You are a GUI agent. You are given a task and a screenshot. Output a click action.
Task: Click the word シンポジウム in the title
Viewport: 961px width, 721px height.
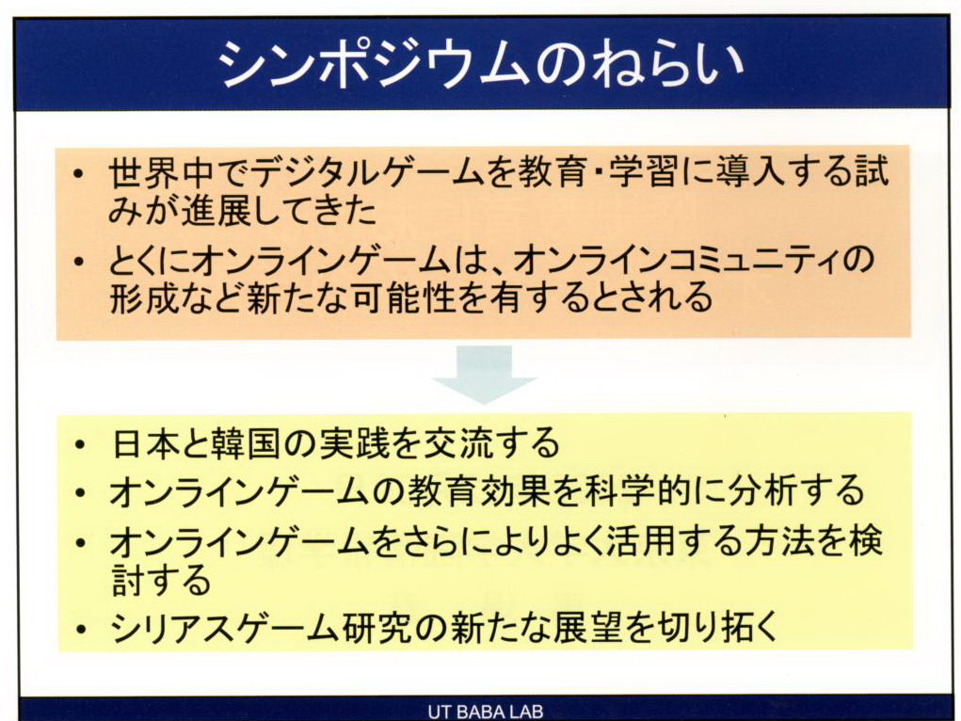372,64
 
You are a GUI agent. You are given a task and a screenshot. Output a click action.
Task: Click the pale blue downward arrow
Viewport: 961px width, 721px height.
484,375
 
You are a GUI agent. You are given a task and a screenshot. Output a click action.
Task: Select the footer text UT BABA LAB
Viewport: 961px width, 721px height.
486,712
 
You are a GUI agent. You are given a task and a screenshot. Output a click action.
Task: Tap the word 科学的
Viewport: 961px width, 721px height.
650,490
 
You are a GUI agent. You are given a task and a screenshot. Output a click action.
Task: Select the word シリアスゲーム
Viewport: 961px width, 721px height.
224,627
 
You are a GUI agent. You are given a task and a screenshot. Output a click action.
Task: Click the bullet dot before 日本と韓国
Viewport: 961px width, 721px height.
78,444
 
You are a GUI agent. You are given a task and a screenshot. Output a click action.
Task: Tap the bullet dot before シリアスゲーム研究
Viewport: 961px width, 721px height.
78,628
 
